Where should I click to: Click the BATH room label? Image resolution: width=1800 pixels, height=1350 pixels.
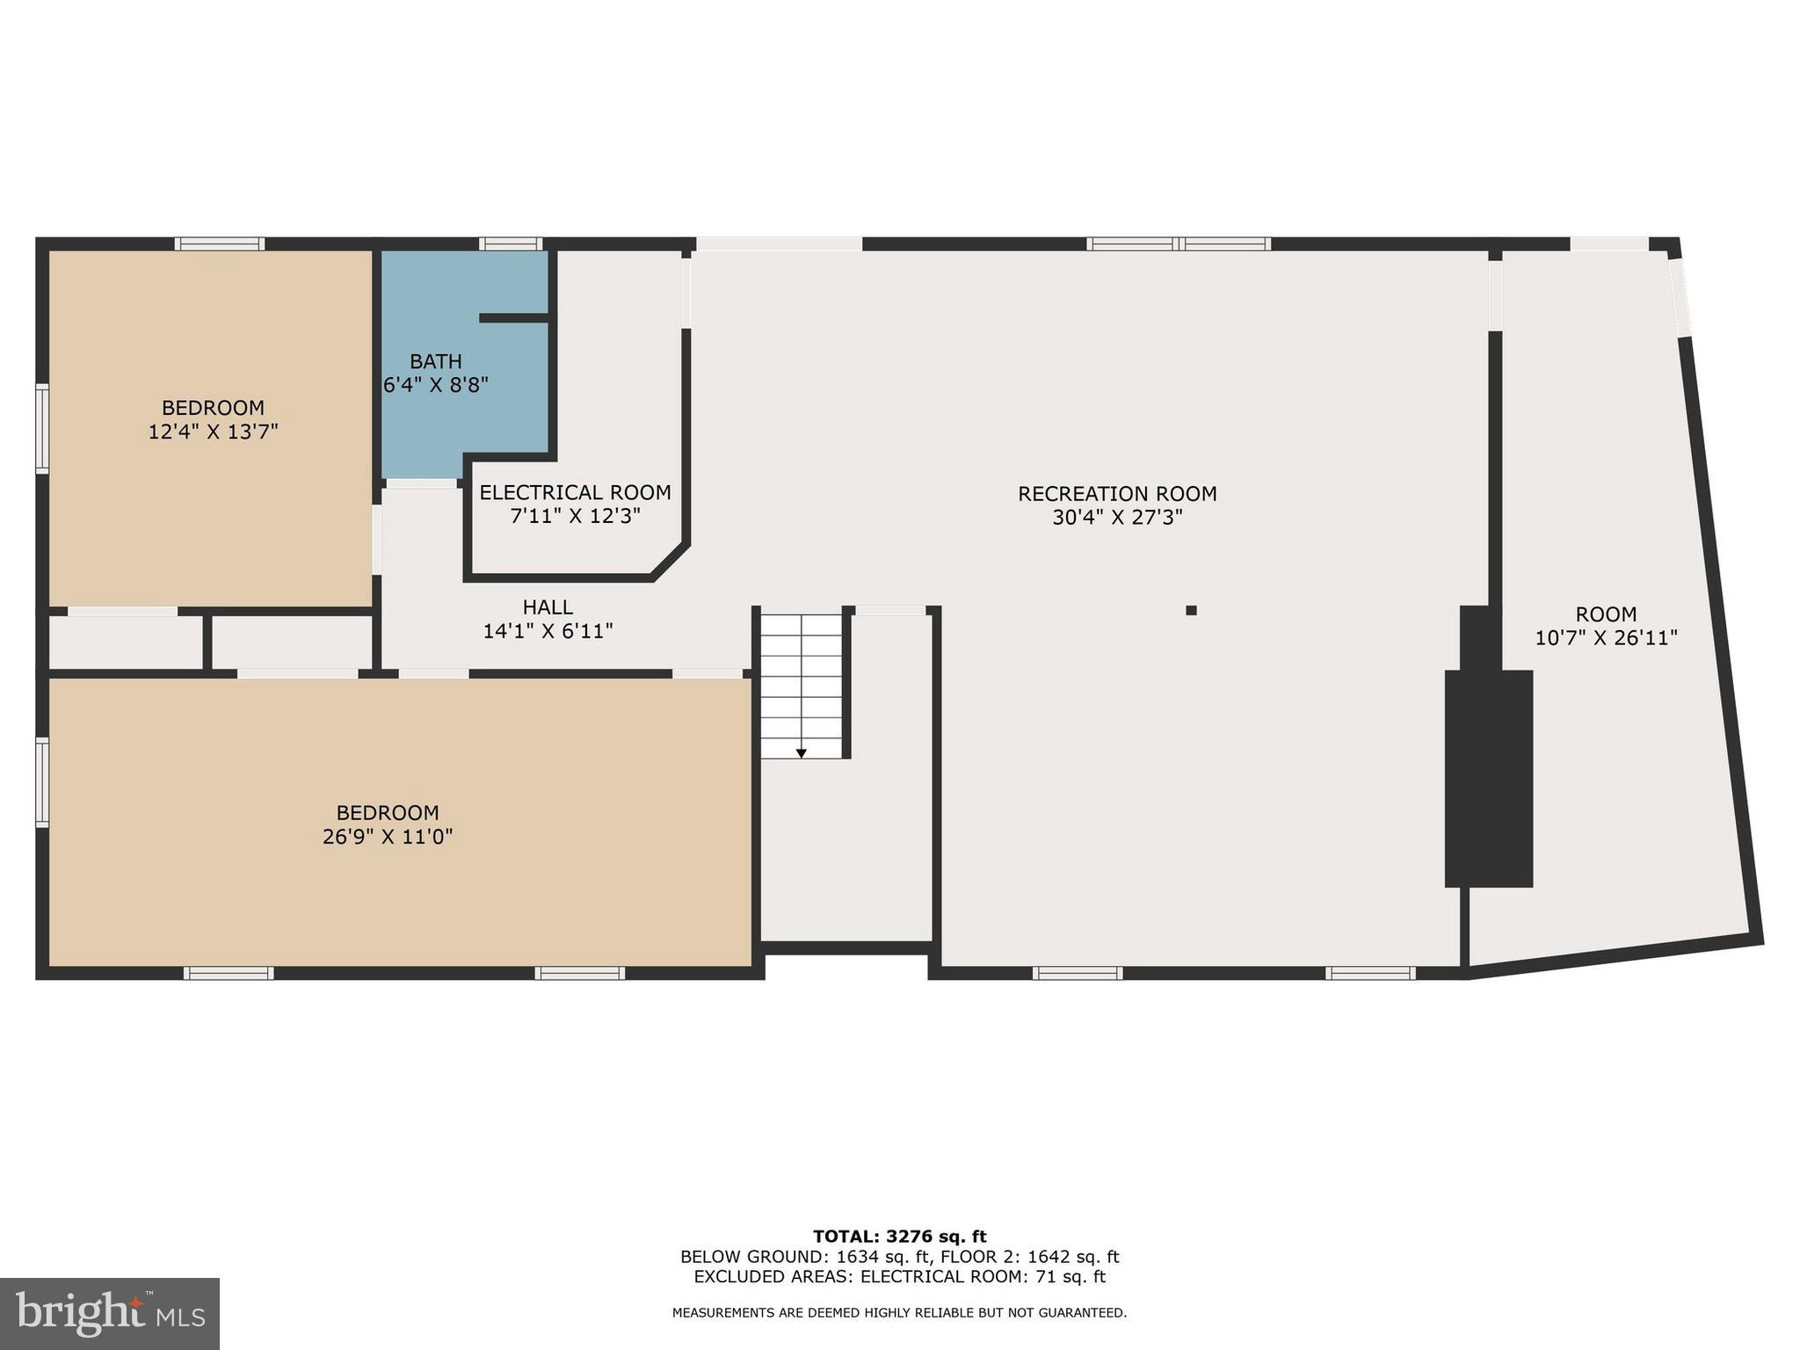pyautogui.click(x=436, y=361)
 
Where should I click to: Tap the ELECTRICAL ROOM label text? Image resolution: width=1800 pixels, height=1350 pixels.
pyautogui.click(x=575, y=492)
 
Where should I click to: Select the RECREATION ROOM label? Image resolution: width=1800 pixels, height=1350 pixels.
pyautogui.click(x=1117, y=494)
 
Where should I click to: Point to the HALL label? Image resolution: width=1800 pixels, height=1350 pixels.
pyautogui.click(x=548, y=607)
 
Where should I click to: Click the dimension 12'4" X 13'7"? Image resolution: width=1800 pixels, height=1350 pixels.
pyautogui.click(x=213, y=432)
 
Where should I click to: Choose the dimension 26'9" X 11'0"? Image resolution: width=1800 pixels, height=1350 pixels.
pyautogui.click(x=387, y=837)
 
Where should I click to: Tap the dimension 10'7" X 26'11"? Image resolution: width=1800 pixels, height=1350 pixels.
pyautogui.click(x=1606, y=638)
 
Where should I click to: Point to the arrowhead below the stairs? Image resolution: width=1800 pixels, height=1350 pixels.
pyautogui.click(x=801, y=753)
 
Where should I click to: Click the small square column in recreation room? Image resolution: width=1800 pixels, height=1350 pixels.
pyautogui.click(x=1191, y=610)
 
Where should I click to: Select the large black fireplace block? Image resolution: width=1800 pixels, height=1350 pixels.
pyautogui.click(x=1489, y=778)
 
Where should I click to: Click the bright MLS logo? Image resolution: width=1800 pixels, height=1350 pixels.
pyautogui.click(x=110, y=1313)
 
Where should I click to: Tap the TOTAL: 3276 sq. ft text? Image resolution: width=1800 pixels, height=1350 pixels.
pyautogui.click(x=899, y=1237)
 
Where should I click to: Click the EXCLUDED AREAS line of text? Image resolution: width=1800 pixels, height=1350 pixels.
pyautogui.click(x=899, y=1277)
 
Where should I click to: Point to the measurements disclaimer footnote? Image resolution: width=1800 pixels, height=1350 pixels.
pyautogui.click(x=899, y=1313)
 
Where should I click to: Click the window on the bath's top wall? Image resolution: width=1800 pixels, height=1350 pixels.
pyautogui.click(x=510, y=243)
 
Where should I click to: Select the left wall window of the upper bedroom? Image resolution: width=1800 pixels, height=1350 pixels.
pyautogui.click(x=41, y=428)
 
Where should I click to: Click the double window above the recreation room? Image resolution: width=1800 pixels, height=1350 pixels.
pyautogui.click(x=1178, y=243)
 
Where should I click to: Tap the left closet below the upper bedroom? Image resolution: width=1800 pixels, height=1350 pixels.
pyautogui.click(x=125, y=642)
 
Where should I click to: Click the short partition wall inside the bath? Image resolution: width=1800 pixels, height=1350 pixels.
pyautogui.click(x=514, y=317)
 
